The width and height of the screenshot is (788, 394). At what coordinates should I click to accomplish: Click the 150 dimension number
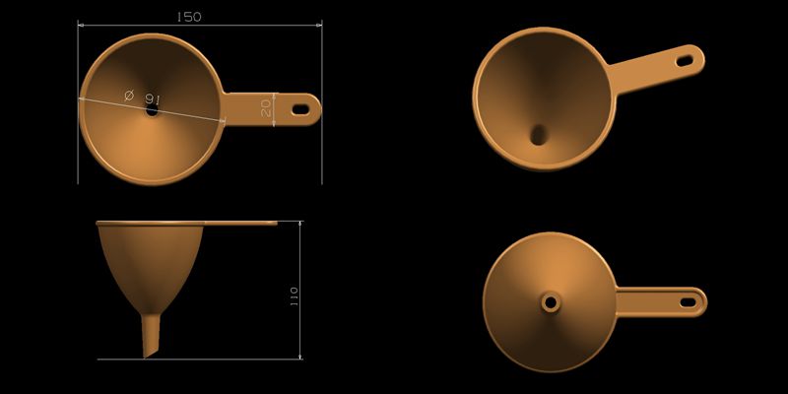(x=188, y=17)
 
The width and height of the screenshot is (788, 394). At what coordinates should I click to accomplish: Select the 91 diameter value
(x=153, y=98)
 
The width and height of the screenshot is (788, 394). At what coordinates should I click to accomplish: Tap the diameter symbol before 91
(x=129, y=95)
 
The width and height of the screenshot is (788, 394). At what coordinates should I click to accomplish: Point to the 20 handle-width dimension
(x=266, y=107)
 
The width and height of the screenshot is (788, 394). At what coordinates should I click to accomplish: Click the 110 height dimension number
(x=294, y=295)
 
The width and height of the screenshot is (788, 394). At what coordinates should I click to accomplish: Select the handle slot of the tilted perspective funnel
(x=684, y=60)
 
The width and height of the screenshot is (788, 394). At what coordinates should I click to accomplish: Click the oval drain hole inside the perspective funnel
(x=540, y=134)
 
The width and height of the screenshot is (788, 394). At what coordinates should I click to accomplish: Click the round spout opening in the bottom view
(x=550, y=299)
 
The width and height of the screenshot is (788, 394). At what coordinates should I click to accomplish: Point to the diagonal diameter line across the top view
(x=187, y=110)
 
